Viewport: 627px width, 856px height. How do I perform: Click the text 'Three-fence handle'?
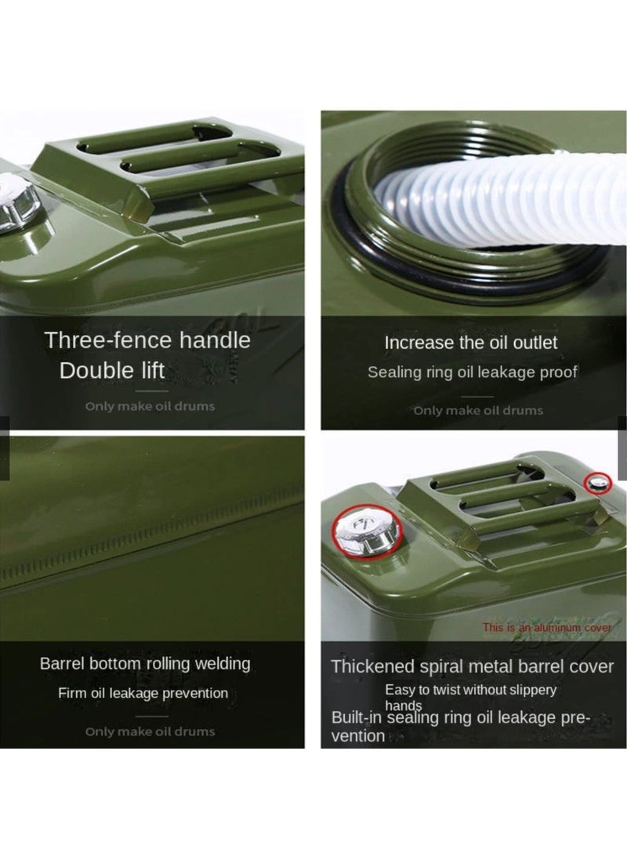point(147,340)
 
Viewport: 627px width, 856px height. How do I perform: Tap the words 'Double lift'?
point(112,370)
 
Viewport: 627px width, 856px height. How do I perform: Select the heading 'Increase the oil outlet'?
point(471,343)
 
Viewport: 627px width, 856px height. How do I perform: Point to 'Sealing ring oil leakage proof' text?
point(472,372)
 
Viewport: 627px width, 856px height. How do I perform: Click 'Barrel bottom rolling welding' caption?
point(145,664)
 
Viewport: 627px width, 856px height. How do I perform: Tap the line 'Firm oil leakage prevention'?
point(143,693)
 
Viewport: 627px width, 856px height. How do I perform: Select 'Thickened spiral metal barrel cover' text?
point(472,667)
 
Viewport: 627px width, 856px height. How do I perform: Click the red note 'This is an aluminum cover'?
point(547,628)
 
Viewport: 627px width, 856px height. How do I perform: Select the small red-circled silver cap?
point(600,483)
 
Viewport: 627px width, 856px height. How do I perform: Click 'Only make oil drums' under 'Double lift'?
point(150,406)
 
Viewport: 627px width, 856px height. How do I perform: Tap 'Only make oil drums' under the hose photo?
point(478,411)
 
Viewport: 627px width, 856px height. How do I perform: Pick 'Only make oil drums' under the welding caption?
point(150,731)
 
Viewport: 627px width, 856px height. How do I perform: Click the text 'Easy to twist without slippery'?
point(470,690)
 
